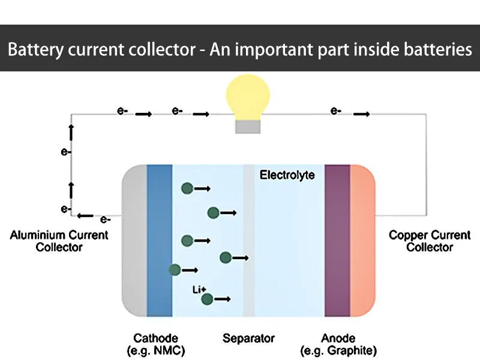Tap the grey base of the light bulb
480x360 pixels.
(x=247, y=127)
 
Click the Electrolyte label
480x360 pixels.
(x=287, y=175)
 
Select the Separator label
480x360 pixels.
(x=248, y=338)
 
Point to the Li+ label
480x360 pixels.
(x=199, y=290)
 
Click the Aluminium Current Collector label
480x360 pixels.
(x=59, y=241)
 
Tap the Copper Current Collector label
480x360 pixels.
(x=430, y=241)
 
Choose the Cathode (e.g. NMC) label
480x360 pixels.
(x=155, y=344)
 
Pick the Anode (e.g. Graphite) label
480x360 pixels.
(x=338, y=344)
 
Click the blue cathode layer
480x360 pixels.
(x=159, y=240)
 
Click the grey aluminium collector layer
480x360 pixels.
(x=135, y=240)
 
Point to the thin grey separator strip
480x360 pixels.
(x=249, y=240)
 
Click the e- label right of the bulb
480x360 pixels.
(x=336, y=111)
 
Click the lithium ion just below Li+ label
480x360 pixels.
(x=207, y=299)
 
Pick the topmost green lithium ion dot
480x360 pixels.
(x=187, y=188)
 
